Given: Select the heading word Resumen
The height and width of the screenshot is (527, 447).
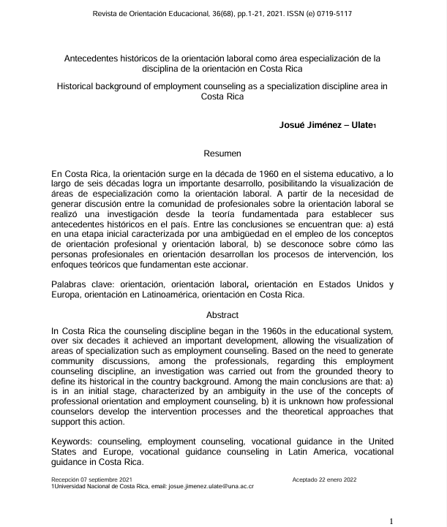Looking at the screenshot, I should click(223, 155).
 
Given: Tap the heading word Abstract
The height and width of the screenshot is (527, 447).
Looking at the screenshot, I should click(223, 315).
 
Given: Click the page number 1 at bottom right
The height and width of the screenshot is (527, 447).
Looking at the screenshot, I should click(392, 520).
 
